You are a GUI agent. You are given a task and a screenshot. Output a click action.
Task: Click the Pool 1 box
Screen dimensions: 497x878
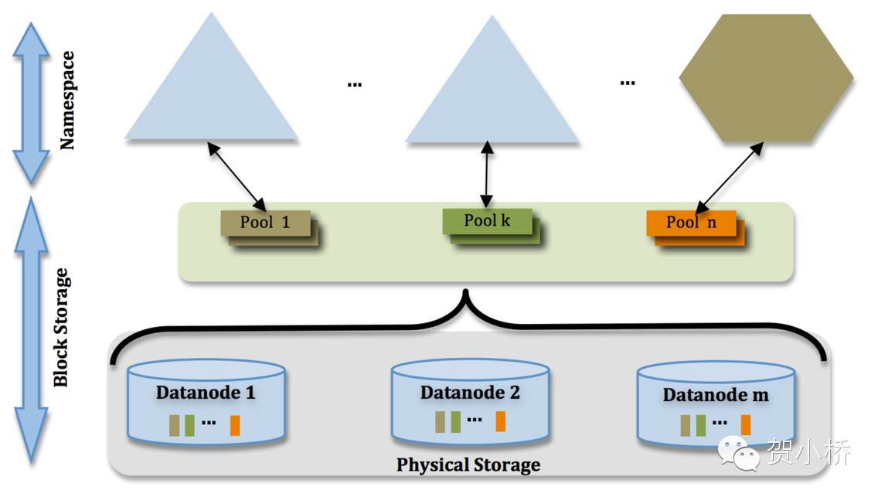click(265, 223)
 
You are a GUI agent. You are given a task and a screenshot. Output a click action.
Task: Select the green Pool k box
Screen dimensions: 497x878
click(487, 220)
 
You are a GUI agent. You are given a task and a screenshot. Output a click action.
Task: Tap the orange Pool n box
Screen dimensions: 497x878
click(691, 223)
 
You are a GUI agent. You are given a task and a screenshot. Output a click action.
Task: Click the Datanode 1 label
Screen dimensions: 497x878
click(206, 392)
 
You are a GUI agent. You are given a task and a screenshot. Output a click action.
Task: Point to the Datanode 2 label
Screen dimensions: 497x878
click(470, 392)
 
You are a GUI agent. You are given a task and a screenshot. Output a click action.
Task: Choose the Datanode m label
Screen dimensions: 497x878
click(716, 395)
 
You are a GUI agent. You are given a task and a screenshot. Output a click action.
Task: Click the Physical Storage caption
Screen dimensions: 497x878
click(468, 465)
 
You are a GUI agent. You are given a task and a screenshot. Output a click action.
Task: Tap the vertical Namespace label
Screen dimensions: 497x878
click(68, 100)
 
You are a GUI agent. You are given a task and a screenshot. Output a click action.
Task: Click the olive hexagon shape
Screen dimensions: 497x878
click(766, 78)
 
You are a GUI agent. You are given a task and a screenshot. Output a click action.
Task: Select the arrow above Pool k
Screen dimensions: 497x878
click(487, 174)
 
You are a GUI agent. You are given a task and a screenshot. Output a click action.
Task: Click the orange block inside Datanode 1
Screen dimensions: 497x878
click(235, 425)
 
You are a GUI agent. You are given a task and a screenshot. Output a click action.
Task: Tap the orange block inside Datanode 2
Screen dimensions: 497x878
click(501, 421)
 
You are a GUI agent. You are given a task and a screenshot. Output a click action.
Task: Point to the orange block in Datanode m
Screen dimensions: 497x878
click(746, 424)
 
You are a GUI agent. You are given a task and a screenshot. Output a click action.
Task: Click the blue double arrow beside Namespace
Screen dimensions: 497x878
click(32, 102)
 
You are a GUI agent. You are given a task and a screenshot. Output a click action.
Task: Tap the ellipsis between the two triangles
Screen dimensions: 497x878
click(355, 83)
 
